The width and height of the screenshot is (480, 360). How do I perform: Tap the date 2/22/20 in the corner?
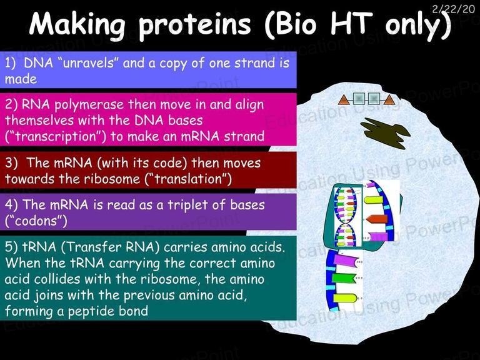click(453, 9)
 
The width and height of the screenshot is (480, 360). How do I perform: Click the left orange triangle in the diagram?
click(344, 100)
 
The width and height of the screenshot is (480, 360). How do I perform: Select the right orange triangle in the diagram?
click(389, 100)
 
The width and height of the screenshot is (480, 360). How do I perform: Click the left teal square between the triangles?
click(359, 99)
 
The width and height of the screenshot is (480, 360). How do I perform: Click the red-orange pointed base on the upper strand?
click(377, 219)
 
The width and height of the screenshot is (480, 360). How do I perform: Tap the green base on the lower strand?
click(344, 278)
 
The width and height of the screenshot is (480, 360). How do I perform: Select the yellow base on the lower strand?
click(345, 298)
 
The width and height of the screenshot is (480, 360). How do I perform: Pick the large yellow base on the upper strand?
click(374, 200)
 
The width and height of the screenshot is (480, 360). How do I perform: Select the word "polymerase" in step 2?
click(88, 106)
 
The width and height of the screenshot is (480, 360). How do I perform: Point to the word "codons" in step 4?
click(36, 221)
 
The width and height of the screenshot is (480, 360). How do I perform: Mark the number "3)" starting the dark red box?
click(11, 163)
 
